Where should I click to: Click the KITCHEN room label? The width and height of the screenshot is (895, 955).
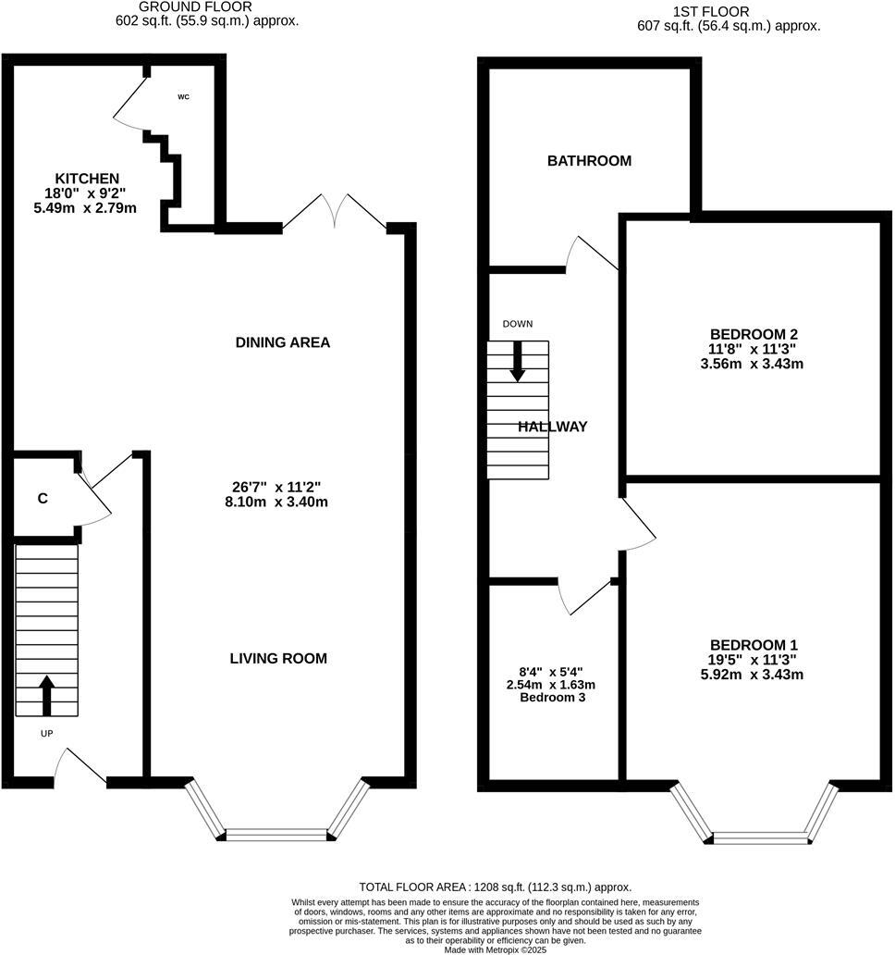(x=87, y=179)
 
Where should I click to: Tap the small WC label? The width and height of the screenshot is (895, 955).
(x=183, y=96)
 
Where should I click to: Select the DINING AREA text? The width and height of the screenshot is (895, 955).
(x=283, y=342)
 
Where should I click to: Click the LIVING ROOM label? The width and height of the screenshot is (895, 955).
(x=278, y=659)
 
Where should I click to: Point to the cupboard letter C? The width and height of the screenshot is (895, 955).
(x=43, y=499)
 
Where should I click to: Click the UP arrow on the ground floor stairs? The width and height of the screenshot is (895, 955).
(x=46, y=695)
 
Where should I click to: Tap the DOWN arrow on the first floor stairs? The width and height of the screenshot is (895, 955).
(x=518, y=361)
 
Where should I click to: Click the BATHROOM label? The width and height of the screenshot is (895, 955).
(x=589, y=161)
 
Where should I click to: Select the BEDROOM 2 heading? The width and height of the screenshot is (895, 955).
(x=754, y=334)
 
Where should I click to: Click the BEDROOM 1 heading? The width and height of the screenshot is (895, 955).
(x=754, y=645)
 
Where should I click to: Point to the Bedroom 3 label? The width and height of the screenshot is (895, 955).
(x=552, y=697)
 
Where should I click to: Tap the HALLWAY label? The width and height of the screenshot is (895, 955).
(x=552, y=427)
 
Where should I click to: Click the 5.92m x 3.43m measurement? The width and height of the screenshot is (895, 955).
(x=754, y=675)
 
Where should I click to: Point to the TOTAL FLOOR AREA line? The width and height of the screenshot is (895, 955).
(x=495, y=887)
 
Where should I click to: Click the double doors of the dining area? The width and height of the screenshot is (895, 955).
(x=335, y=212)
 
